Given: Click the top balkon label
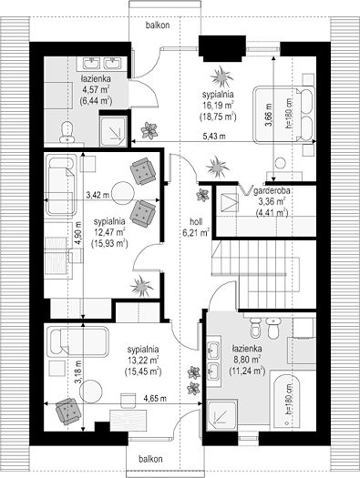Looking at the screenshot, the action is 158,25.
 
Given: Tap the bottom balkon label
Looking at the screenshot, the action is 150,459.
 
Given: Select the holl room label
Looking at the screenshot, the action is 196,221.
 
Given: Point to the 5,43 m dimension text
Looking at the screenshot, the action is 214,137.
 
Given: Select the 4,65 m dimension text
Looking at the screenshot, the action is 155,398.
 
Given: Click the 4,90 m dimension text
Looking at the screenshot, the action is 79,233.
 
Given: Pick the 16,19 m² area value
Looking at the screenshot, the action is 218,106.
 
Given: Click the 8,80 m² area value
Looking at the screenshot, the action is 247,360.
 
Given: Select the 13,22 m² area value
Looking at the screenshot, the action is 143,360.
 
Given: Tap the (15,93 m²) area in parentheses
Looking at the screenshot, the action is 109,243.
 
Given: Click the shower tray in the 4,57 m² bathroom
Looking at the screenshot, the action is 113,129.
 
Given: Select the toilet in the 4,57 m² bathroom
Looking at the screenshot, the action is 67,132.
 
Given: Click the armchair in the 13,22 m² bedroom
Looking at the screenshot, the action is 68,411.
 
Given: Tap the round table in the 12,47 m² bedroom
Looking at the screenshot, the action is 123,193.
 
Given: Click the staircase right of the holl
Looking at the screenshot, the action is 263,274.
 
